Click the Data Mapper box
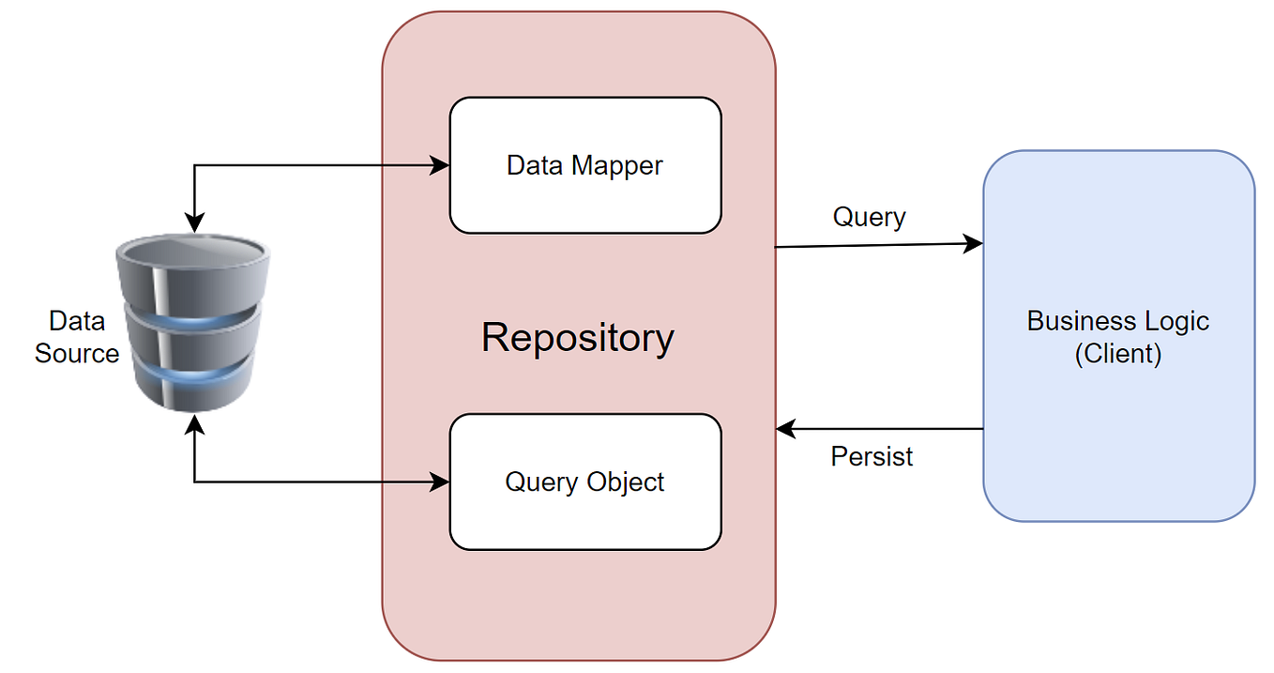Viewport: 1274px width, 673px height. tap(584, 165)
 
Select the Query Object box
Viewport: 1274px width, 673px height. tap(584, 482)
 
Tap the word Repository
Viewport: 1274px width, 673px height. tap(577, 337)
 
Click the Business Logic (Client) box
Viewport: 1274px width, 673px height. tap(1118, 335)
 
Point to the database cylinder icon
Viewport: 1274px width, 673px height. tap(193, 324)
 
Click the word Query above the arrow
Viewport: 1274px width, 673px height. tap(869, 217)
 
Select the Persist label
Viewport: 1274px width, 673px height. tap(872, 456)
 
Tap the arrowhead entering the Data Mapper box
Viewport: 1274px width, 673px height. tap(441, 165)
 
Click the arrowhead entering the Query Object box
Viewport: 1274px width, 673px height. tap(441, 482)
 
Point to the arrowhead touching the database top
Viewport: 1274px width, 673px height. tap(194, 224)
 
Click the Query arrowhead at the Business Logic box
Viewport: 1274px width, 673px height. tap(975, 244)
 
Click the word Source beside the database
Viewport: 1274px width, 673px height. tap(77, 354)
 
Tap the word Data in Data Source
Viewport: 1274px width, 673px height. tap(77, 321)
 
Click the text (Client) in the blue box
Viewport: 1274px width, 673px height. tap(1118, 354)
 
